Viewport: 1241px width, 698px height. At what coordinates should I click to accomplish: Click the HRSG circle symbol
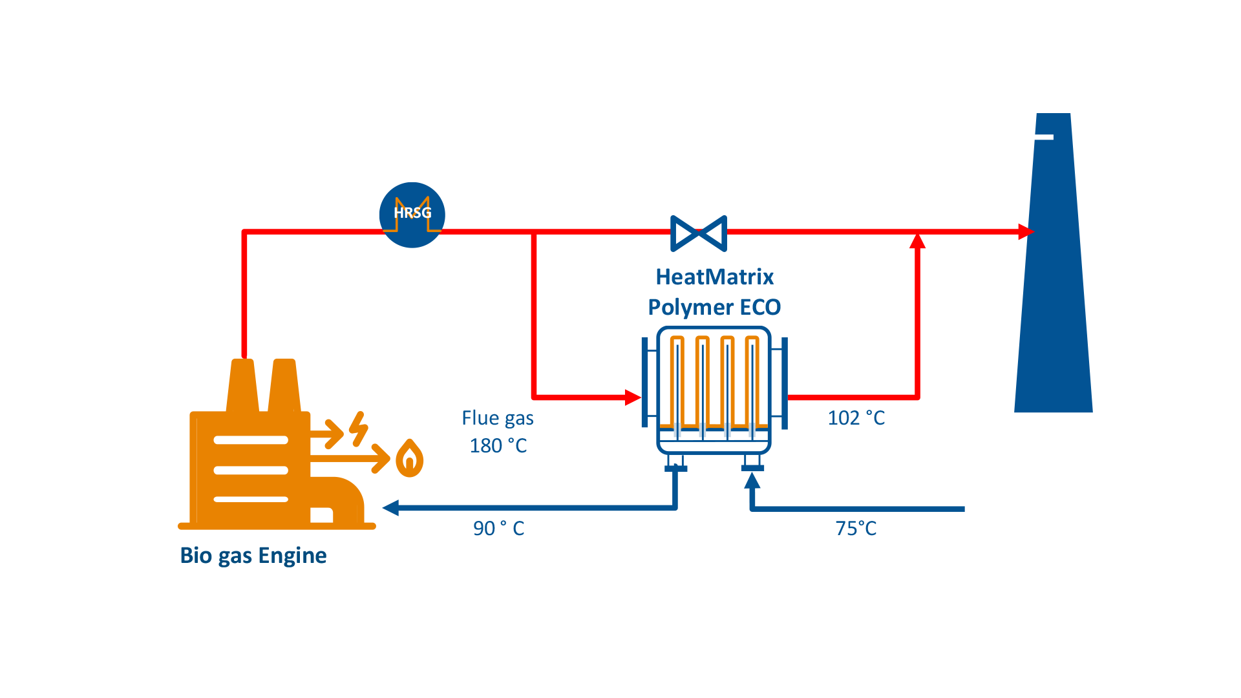[412, 215]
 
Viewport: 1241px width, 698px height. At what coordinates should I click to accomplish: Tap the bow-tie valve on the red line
[699, 233]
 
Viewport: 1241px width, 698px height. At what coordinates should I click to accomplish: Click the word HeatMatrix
[714, 277]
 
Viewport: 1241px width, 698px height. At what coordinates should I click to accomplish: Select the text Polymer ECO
[714, 307]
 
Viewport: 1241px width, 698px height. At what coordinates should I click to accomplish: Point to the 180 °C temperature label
[498, 446]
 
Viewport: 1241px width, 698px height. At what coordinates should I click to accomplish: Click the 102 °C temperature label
[856, 418]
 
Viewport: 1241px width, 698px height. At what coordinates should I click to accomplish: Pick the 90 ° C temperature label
[498, 529]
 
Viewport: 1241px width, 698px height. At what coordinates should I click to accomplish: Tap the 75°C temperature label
[856, 529]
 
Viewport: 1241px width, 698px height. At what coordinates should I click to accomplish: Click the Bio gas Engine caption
[253, 555]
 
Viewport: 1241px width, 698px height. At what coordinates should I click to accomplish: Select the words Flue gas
[497, 418]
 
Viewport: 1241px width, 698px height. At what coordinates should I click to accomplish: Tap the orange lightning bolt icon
[358, 428]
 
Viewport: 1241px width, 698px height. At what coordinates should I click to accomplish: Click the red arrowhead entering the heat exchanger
[632, 397]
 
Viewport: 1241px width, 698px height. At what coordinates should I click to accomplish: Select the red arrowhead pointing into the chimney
[1025, 231]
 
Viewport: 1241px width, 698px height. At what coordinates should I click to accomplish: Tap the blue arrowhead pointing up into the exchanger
[752, 480]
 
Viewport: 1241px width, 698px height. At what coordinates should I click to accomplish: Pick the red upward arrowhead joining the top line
[917, 242]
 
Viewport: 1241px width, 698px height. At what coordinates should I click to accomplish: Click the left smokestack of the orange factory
[242, 385]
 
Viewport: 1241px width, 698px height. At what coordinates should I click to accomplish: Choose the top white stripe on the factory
[251, 440]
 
